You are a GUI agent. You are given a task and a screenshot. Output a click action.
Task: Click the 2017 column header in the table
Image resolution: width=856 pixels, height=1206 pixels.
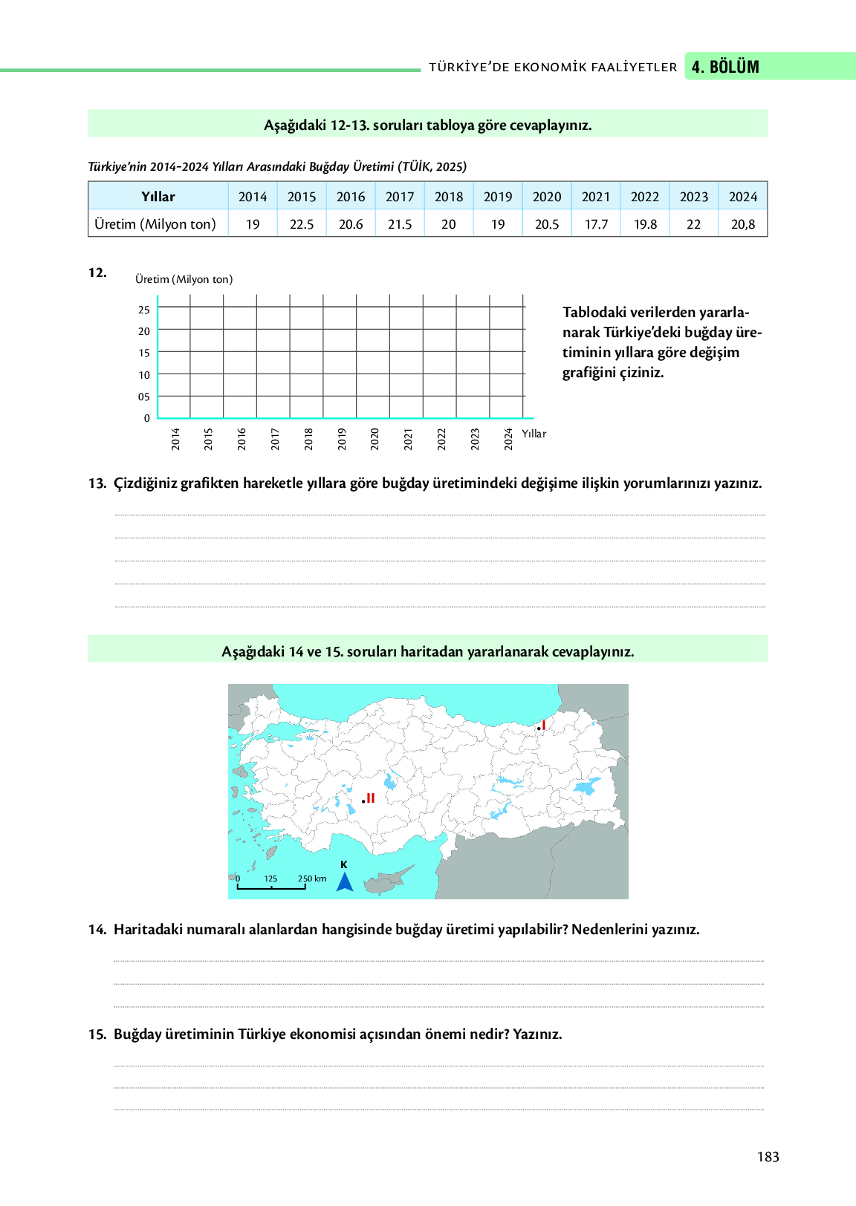[x=400, y=197]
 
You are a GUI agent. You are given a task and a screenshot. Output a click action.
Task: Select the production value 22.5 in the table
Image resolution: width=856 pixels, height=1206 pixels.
[x=302, y=224]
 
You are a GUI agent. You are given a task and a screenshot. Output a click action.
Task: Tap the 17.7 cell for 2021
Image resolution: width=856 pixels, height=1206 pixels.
[x=596, y=224]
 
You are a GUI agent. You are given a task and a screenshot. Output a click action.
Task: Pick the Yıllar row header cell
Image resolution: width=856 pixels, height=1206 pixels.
[x=158, y=197]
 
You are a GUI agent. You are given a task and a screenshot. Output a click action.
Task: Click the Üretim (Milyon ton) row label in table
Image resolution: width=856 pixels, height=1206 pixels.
[x=155, y=224]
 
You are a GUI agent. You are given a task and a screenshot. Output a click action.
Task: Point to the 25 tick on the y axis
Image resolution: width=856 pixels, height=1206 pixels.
[x=144, y=310]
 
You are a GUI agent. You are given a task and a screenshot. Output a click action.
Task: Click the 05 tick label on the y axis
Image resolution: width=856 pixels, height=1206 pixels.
[x=144, y=397]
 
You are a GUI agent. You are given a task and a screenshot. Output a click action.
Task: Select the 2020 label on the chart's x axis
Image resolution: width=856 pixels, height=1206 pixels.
[x=375, y=439]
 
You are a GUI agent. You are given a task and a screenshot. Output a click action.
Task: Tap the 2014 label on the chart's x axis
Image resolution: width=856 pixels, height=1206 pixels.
[x=176, y=439]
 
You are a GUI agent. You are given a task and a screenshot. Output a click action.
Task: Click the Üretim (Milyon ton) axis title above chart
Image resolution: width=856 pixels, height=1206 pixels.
[x=184, y=279]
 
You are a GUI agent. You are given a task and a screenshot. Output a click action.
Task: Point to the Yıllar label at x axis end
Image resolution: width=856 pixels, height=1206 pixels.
[x=534, y=434]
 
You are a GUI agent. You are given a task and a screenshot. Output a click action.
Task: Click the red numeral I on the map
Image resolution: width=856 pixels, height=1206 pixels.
[x=544, y=726]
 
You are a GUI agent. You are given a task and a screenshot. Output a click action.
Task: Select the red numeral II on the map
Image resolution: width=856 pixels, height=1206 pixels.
[x=370, y=798]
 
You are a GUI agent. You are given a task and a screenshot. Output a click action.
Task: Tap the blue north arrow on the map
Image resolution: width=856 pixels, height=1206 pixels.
[x=345, y=881]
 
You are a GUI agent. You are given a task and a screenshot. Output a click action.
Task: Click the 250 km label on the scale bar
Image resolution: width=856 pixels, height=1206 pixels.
[x=312, y=879]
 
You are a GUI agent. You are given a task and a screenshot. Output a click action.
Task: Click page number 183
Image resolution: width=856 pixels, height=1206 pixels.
[x=768, y=1156]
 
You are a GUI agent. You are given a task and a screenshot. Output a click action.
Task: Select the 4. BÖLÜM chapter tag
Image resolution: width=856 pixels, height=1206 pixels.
[x=725, y=67]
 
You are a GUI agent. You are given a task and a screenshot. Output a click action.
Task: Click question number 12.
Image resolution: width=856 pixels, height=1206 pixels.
[x=97, y=273]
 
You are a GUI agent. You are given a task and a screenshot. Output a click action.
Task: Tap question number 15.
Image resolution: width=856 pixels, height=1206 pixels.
[x=97, y=1034]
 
